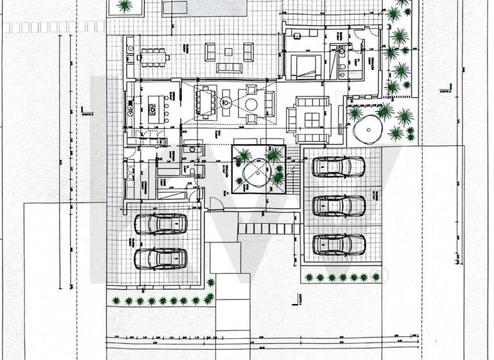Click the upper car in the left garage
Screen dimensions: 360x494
click(160, 224)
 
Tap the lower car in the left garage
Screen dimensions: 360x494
click(160, 258)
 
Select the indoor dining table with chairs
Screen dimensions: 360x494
click(207, 102)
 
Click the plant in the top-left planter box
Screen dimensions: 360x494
click(125, 6)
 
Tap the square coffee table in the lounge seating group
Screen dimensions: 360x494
click(312, 118)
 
